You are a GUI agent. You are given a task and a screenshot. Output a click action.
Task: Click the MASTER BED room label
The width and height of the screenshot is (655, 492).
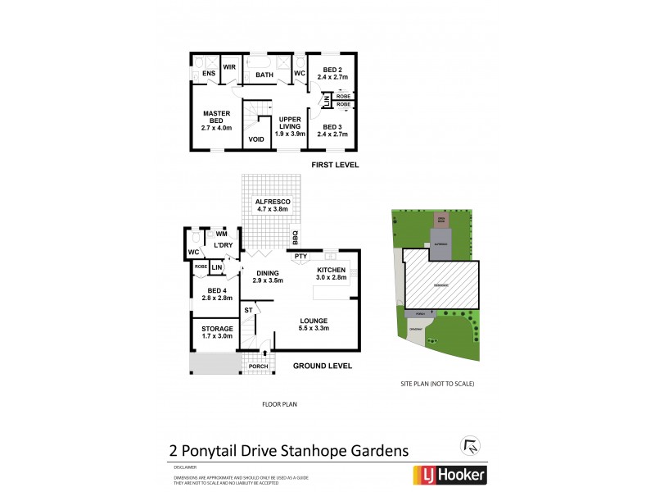pos(217,121)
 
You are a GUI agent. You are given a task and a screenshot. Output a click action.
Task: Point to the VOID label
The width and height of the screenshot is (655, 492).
pos(256,140)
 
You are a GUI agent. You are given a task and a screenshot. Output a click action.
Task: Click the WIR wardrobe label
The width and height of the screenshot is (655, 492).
pos(229,67)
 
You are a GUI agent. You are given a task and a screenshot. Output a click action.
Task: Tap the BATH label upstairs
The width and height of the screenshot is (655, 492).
pos(264,75)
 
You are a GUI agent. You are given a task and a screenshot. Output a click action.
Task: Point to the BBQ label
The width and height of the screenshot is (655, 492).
pos(296,239)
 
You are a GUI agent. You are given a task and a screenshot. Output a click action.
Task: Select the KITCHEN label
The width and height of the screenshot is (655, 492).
pos(332,273)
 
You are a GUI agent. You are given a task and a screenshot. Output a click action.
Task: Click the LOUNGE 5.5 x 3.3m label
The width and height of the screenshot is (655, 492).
pos(314,324)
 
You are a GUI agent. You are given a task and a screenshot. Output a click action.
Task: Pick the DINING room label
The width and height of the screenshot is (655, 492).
pos(268,277)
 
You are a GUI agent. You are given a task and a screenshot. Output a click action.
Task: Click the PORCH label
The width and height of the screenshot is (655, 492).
pos(259,366)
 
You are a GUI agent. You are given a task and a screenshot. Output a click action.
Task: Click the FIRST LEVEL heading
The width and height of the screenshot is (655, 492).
pos(335,165)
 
